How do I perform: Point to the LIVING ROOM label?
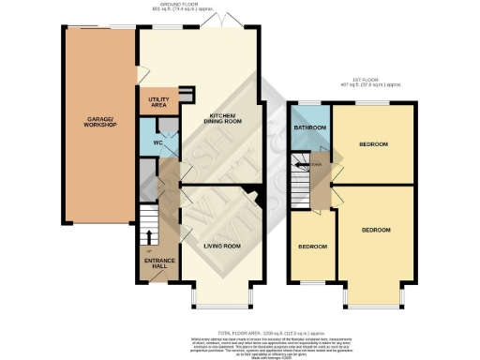(x=223, y=246)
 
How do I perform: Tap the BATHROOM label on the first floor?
(x=309, y=127)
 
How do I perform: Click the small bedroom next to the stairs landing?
(x=312, y=247)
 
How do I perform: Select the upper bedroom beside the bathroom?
(x=374, y=143)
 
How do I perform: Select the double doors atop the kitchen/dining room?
(x=218, y=22)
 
